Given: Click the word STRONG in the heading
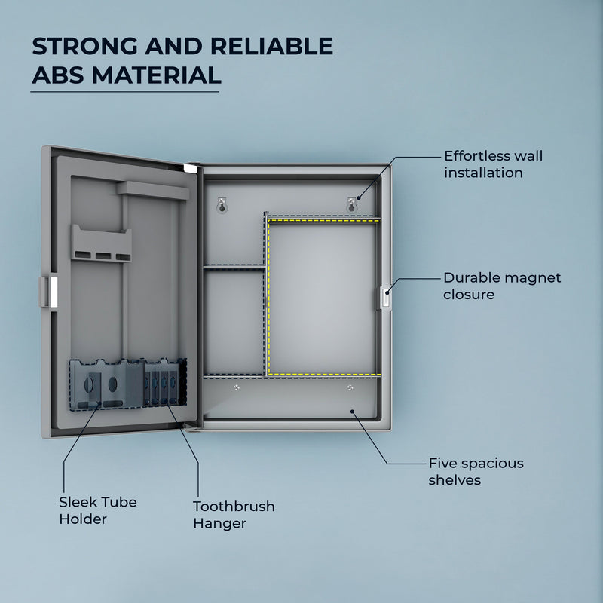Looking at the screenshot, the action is tap(84, 46).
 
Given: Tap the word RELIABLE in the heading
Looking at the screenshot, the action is tap(271, 46).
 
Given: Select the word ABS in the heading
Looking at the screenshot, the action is tap(58, 75).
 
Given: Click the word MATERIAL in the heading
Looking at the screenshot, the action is tap(157, 75).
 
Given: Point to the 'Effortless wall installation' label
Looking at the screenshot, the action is tap(494, 164).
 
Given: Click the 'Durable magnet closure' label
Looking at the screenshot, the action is tap(502, 286).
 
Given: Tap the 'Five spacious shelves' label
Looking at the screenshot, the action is tap(476, 472).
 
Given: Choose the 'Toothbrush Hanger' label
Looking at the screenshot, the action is tap(234, 515).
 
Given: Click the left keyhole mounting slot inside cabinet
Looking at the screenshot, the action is tap(222, 206).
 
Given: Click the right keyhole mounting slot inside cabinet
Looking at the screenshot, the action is tap(351, 206).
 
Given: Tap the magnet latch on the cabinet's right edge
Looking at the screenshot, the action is tap(384, 297).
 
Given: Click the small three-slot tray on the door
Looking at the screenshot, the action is tap(101, 243).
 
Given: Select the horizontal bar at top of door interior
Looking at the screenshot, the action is tap(153, 190).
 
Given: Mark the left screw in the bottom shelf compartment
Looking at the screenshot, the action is tap(237, 387).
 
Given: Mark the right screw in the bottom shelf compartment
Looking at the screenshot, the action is tap(350, 387).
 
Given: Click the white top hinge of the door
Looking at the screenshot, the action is tap(191, 168).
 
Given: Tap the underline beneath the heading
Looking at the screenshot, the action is tap(125, 92).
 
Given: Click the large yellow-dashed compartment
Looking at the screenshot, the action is tap(323, 297).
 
